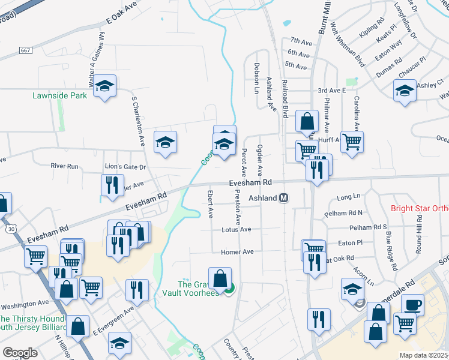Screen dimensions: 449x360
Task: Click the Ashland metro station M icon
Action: pos(285,198)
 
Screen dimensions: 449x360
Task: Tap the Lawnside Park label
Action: pos(59,95)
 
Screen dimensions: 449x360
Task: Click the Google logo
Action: pos(20,353)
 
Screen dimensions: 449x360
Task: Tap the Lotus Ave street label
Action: pos(237,229)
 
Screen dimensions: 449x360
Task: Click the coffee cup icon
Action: pos(412,304)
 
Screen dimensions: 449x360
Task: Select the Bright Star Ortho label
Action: pos(419,209)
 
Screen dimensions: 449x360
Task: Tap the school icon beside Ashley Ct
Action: pos(405,91)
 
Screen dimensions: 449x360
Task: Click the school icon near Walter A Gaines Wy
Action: pos(105,87)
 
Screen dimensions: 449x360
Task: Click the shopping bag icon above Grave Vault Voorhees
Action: pos(220,278)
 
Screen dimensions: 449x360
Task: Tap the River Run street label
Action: pos(65,166)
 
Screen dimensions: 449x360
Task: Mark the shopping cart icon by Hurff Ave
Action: pos(352,142)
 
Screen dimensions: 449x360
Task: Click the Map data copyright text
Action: pos(424,355)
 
